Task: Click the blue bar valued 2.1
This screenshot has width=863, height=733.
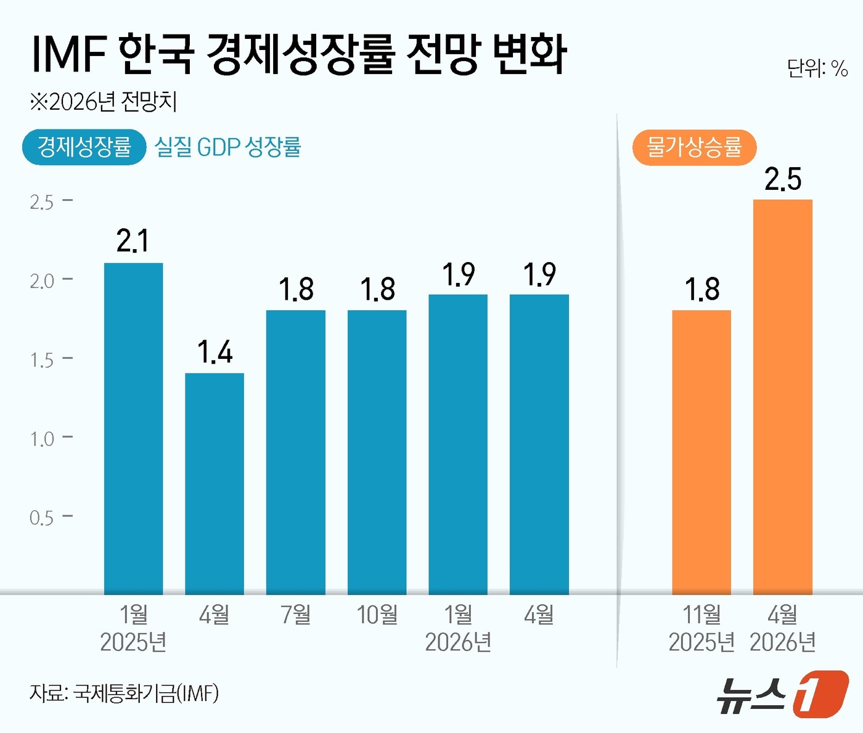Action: click(133, 428)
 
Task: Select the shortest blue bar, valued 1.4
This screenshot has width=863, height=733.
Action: click(215, 483)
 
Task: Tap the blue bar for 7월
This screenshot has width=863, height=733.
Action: click(296, 452)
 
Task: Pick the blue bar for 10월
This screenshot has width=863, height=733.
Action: click(377, 452)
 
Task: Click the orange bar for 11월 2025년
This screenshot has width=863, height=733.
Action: click(701, 452)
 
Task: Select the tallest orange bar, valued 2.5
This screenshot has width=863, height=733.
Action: click(783, 397)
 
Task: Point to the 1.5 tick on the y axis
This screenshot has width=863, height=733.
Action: click(42, 360)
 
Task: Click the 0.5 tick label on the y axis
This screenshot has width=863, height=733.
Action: click(42, 518)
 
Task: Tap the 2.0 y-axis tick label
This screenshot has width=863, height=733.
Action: click(42, 281)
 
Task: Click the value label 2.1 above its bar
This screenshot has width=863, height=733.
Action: click(133, 240)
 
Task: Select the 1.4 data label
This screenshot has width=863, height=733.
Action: click(215, 352)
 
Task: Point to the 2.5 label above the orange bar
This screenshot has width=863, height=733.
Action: click(783, 179)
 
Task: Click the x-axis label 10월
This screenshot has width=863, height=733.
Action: click(377, 615)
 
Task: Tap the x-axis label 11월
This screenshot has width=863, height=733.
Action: click(701, 615)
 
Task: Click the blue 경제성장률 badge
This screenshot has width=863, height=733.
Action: click(84, 147)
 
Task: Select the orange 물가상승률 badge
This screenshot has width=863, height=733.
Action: click(694, 147)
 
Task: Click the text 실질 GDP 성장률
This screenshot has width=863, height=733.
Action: click(227, 147)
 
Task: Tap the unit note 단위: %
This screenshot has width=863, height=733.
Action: click(817, 68)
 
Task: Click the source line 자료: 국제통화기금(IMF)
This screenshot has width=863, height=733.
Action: click(124, 694)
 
